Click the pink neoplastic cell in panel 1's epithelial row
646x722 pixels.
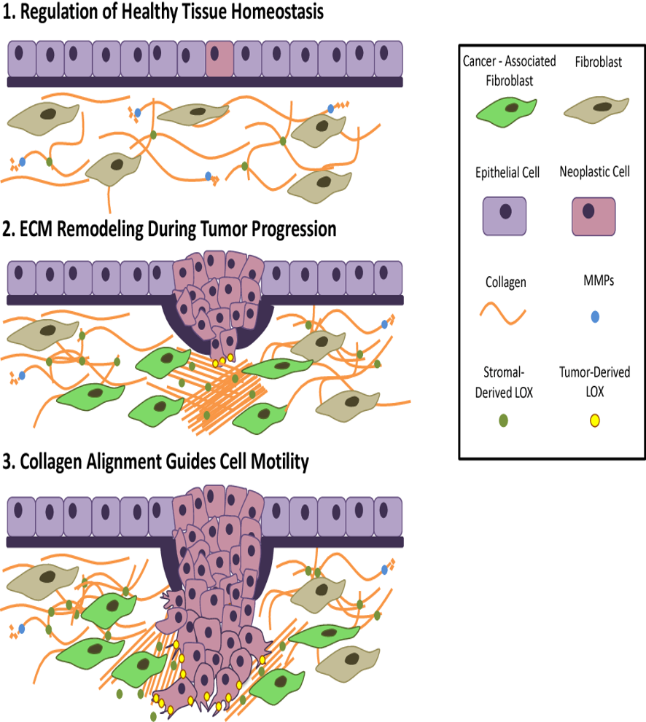pos(219,58)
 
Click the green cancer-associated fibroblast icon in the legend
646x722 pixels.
pos(507,112)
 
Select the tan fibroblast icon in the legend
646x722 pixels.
pos(596,109)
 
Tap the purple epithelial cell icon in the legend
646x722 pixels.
pos(505,216)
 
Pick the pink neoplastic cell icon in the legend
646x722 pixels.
pos(594,216)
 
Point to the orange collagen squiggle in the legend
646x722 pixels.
pos(502,313)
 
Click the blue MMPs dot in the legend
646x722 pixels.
pos(595,317)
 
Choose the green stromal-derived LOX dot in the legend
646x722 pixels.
pos(504,420)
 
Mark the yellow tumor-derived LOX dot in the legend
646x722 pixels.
pos(595,420)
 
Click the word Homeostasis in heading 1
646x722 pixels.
pos(277,12)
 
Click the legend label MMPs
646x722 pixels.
pos(599,280)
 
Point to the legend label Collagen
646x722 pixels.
pos(506,282)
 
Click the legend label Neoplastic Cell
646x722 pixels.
pos(594,172)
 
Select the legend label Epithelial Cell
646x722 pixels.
pos(507,173)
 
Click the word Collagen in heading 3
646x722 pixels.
pos(51,462)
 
